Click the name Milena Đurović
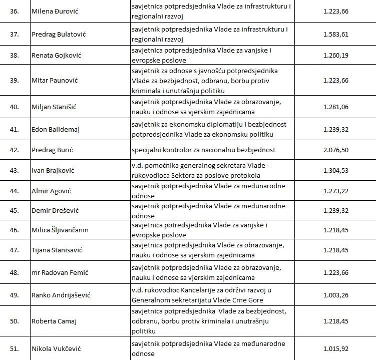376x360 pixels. click(x=55, y=11)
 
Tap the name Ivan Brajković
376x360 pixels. click(x=53, y=171)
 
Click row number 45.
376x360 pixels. click(x=14, y=210)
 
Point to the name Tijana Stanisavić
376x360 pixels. click(x=57, y=250)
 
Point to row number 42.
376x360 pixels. click(x=14, y=150)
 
